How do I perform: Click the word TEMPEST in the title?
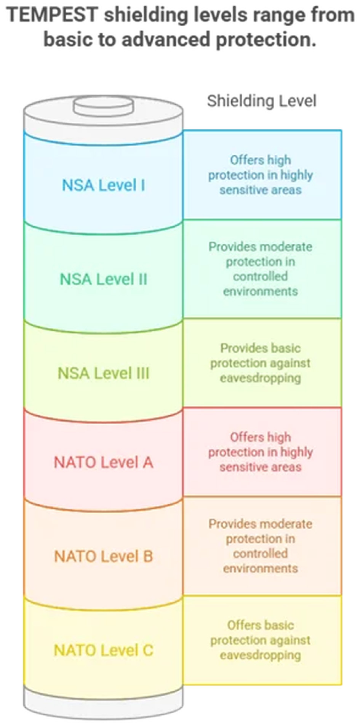click(52, 16)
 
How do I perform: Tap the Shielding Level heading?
click(261, 101)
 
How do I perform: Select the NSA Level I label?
click(103, 185)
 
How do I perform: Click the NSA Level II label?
click(103, 279)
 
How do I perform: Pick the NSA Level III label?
click(103, 373)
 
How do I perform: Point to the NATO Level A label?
click(103, 462)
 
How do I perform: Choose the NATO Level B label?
click(103, 556)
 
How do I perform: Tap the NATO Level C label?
click(103, 650)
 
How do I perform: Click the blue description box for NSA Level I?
click(262, 175)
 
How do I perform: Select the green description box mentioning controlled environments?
click(262, 269)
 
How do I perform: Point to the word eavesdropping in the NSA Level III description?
click(260, 378)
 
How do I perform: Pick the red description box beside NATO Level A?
click(262, 452)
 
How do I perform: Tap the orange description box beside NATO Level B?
click(262, 546)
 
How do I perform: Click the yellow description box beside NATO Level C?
click(262, 640)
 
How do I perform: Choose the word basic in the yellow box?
click(279, 625)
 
